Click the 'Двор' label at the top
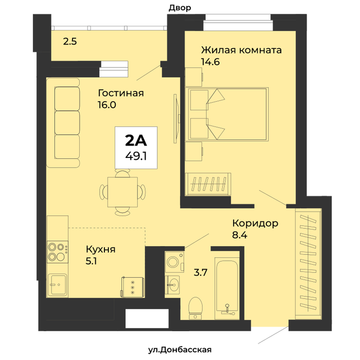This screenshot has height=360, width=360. click(x=180, y=8)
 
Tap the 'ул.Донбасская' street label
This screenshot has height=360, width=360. click(x=180, y=350)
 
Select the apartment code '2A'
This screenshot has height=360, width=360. click(x=136, y=140)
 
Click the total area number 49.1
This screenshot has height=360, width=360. click(x=136, y=156)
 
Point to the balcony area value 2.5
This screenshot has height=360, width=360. click(x=70, y=42)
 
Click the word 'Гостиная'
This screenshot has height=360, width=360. click(x=121, y=93)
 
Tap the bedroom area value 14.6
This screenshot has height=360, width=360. click(x=210, y=62)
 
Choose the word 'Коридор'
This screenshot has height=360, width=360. click(x=255, y=223)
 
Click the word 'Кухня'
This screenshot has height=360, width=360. click(x=101, y=249)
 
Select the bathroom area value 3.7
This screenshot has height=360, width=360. click(x=201, y=273)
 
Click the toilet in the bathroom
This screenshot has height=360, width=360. click(x=195, y=308)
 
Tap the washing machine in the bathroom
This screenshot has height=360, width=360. click(x=174, y=262)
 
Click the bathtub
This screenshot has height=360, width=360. click(x=227, y=288)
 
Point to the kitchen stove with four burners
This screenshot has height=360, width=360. click(x=58, y=252)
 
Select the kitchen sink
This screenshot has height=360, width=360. click(x=58, y=285)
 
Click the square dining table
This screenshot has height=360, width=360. click(x=122, y=192)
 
